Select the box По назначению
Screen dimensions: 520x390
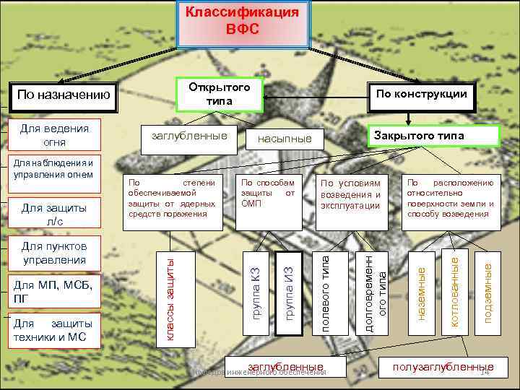(64, 95)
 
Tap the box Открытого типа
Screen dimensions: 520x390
(219, 94)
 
